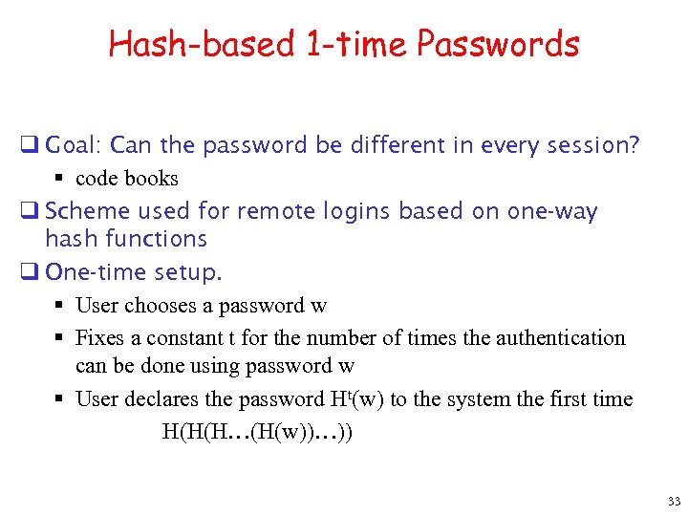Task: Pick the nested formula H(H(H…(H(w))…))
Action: coord(257,431)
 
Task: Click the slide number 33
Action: coord(675,502)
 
